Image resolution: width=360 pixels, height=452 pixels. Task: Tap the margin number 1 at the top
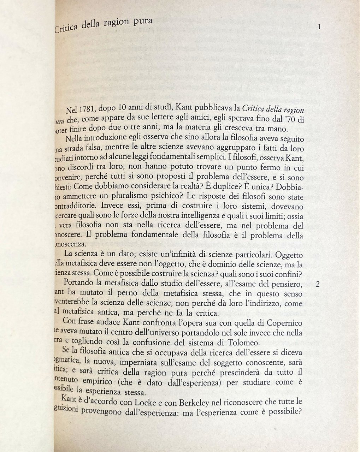tap(319, 27)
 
